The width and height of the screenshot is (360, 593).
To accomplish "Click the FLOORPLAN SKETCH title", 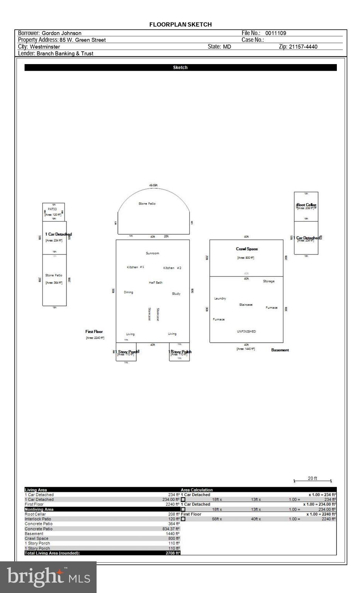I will click(x=180, y=24).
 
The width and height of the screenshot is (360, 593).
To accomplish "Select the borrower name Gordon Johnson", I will click(x=61, y=33).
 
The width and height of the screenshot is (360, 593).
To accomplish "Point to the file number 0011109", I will click(x=275, y=33).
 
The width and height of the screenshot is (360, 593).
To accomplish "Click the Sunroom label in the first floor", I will click(x=152, y=253).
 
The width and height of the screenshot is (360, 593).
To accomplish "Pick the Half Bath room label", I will click(x=156, y=283).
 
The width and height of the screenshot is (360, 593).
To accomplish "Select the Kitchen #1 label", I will click(x=135, y=267).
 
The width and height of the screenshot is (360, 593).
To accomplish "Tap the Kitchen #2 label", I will click(x=172, y=268).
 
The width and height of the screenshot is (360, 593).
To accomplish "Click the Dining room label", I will click(x=128, y=292).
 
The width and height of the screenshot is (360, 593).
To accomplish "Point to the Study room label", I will click(x=176, y=294).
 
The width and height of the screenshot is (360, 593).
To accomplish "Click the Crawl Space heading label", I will click(x=247, y=249).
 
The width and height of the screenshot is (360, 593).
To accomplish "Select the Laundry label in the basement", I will click(x=220, y=298).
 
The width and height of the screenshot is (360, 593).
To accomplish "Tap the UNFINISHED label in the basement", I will click(x=246, y=331).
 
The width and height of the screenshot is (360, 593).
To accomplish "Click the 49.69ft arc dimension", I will click(x=153, y=185).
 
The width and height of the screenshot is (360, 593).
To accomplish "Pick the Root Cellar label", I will click(x=306, y=205).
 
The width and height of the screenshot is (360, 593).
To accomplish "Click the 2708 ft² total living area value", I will click(x=173, y=553).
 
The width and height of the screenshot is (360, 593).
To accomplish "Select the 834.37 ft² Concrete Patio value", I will click(x=171, y=529).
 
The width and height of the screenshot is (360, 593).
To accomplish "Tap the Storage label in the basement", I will click(x=268, y=281).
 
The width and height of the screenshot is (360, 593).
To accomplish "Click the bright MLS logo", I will click(x=48, y=577).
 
